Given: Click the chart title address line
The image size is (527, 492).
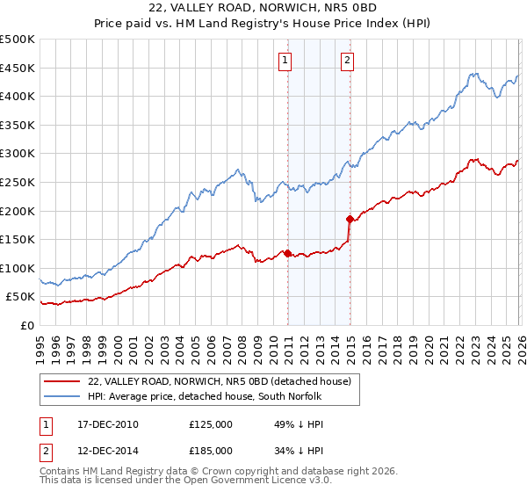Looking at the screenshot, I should (x=263, y=6).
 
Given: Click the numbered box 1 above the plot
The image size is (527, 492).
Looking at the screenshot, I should (x=285, y=60).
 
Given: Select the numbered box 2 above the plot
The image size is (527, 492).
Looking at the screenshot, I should (x=348, y=60).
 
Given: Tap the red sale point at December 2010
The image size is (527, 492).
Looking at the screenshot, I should (x=287, y=253).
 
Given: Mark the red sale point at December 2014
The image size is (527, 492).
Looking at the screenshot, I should (x=350, y=219).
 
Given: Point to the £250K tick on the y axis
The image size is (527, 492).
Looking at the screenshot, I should (x=18, y=182).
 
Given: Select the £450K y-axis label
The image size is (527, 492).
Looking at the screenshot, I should (x=18, y=68).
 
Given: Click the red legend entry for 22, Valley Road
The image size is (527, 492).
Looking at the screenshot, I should (x=220, y=380).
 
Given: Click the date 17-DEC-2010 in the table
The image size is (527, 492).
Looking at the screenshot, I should (x=107, y=424).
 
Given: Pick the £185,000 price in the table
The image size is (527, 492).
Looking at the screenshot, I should (x=211, y=450).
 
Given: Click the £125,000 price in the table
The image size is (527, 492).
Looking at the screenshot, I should (x=211, y=424).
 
